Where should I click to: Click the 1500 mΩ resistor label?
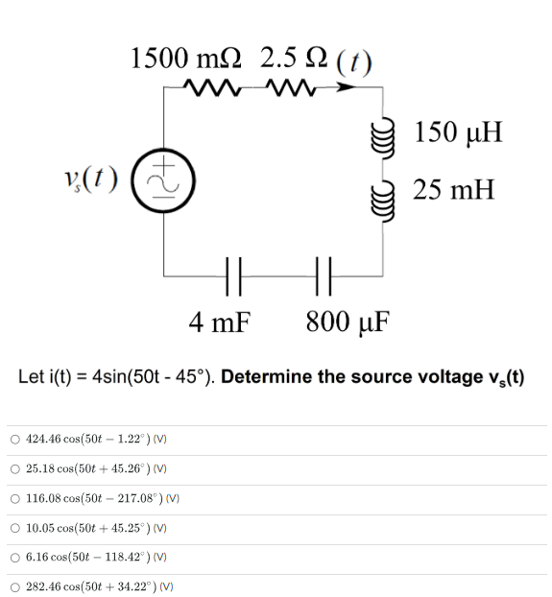click(187, 60)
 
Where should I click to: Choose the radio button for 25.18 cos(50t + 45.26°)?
click(15, 469)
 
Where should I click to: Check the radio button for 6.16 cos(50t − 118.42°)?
click(15, 558)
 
